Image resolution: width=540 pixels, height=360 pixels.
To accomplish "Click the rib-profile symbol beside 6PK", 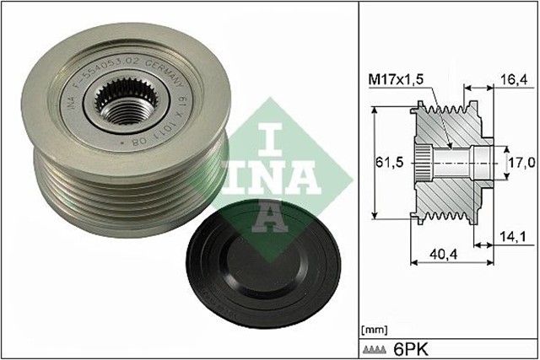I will coord(375,347).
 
